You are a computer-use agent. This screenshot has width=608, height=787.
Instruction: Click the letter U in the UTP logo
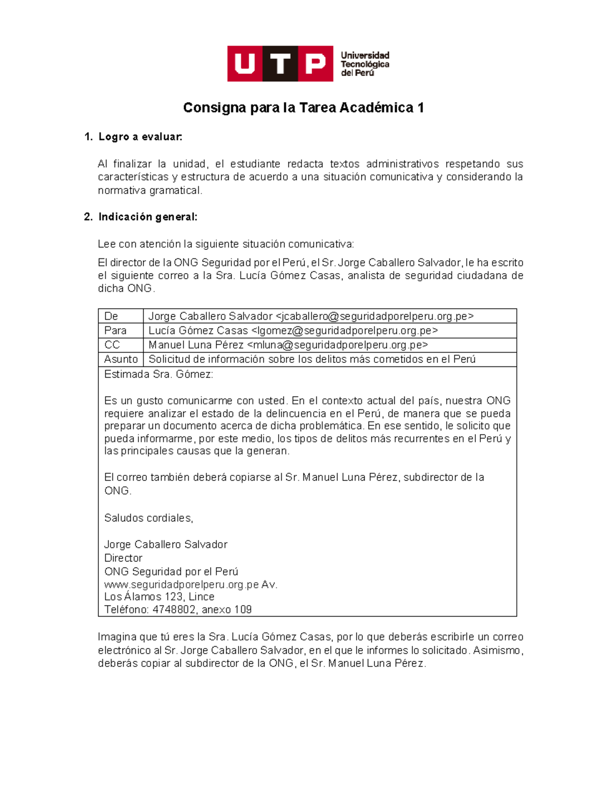coord(245,64)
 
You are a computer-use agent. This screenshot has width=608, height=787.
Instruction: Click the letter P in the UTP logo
coord(316,64)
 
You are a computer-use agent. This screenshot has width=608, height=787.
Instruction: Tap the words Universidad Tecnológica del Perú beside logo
coord(364,64)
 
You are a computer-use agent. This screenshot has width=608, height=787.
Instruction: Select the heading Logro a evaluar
coord(140,137)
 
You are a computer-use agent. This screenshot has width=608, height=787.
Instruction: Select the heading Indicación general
coord(147,217)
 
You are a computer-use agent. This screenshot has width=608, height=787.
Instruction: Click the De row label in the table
coord(111,316)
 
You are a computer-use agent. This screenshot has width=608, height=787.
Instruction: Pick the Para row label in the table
coord(115,330)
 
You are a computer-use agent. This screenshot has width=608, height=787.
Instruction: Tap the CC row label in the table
coord(112,345)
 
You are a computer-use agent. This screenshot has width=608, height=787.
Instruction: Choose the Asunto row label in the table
coord(121,359)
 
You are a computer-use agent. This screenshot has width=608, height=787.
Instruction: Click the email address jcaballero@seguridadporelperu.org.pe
coord(374,316)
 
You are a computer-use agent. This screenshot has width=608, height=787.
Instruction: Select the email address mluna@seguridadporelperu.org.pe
coord(337,345)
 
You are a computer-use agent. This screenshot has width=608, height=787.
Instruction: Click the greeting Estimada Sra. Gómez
coord(159,374)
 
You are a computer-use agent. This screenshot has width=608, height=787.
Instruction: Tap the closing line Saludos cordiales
coord(148,518)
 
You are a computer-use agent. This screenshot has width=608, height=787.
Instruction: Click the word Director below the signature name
coord(123,558)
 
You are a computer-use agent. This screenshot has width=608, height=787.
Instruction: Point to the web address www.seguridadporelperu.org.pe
coord(181,585)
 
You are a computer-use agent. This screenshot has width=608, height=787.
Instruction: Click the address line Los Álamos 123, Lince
coord(159,596)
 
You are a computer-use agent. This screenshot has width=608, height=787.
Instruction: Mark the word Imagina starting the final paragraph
coord(117,637)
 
